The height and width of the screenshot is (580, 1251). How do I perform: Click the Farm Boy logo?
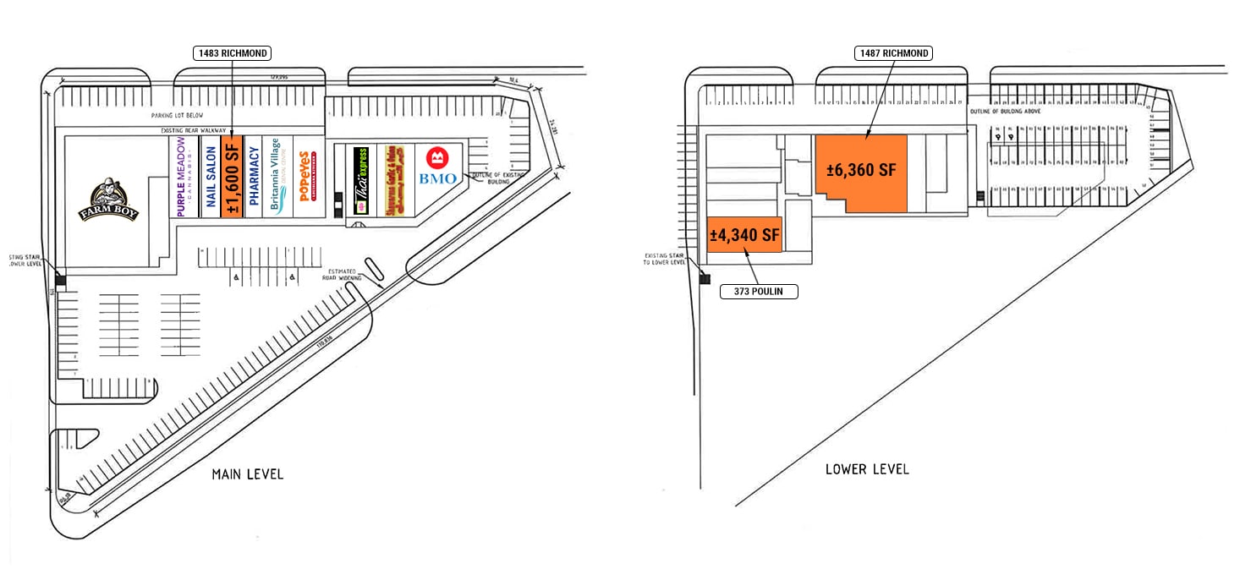[x=108, y=200]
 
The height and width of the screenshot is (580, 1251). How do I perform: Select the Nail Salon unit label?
[x=210, y=177]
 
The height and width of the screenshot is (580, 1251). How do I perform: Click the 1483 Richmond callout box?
[x=233, y=53]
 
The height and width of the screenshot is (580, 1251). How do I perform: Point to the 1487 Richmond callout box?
[x=892, y=53]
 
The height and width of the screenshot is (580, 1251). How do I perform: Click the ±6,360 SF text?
[x=861, y=170]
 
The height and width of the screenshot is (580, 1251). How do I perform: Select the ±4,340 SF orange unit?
[x=744, y=235]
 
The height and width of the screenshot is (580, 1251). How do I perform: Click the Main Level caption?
[x=248, y=474]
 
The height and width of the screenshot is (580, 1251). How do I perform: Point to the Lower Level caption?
[x=867, y=468]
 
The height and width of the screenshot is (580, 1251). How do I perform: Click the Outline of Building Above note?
[x=1005, y=112]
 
